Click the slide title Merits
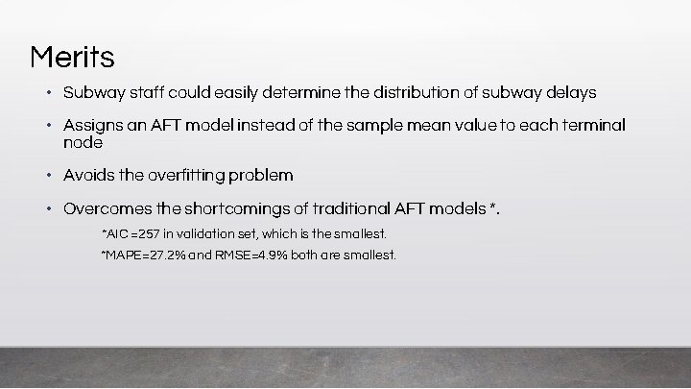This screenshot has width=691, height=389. pos(72,58)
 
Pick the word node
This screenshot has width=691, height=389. pos(83,142)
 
